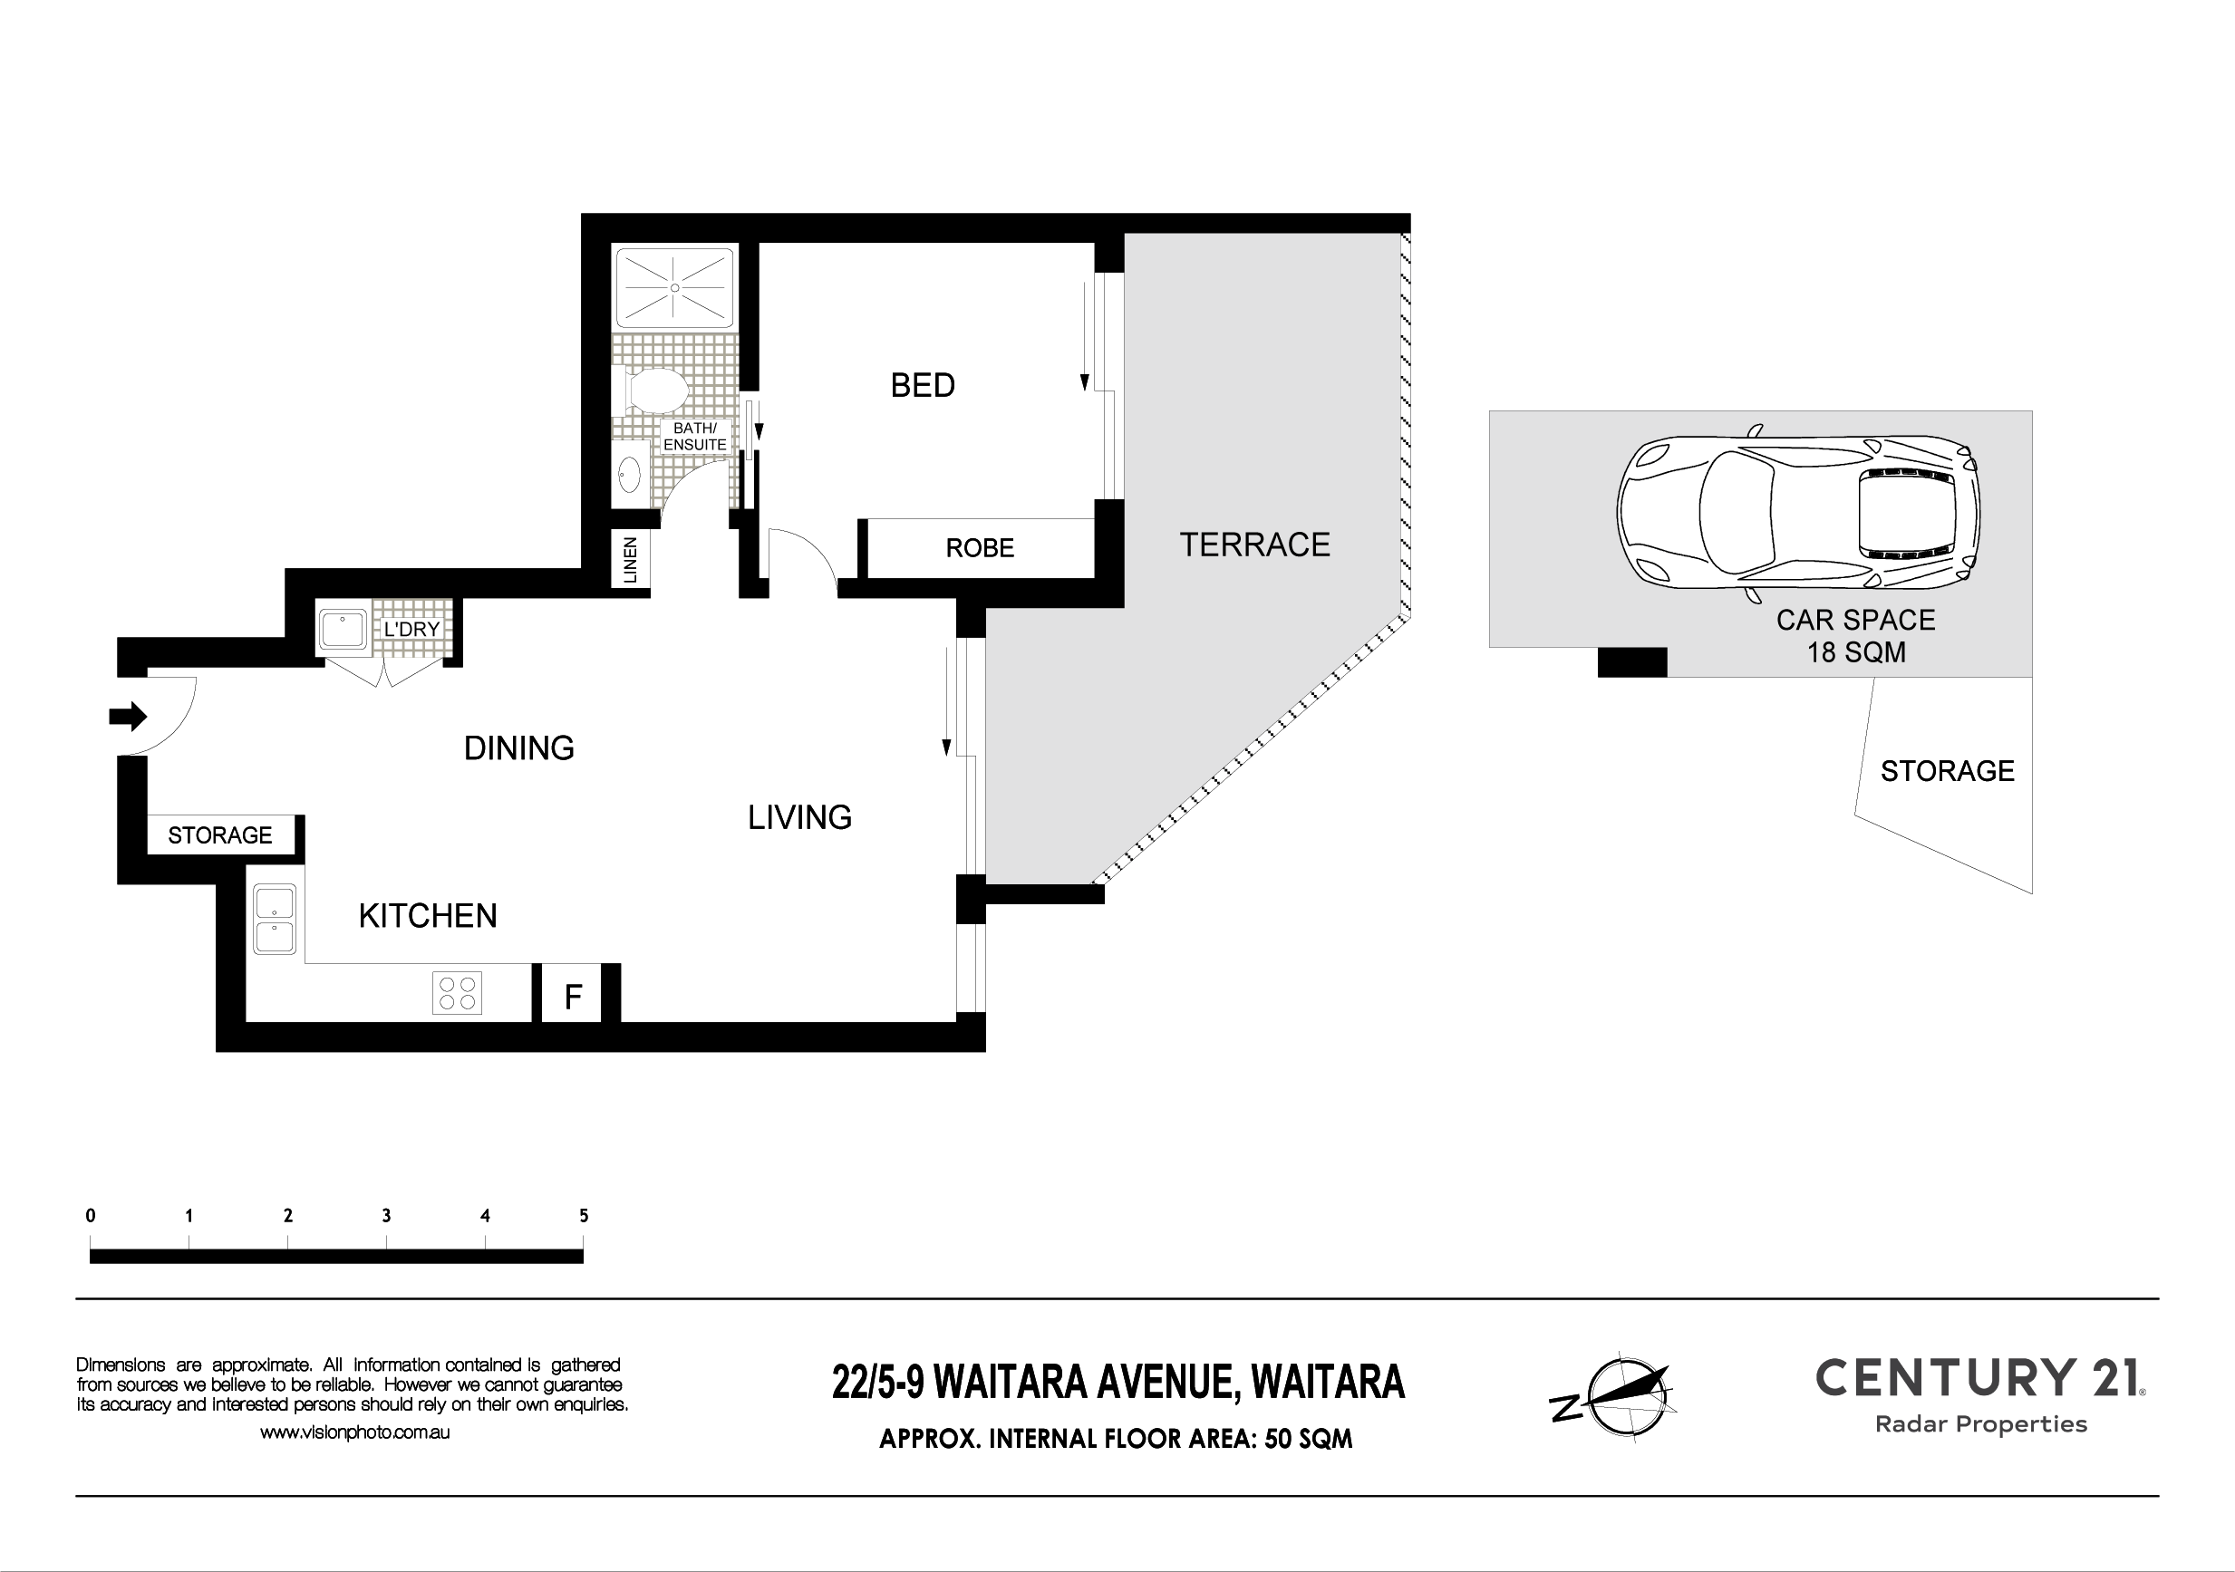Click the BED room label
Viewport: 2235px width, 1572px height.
click(x=923, y=385)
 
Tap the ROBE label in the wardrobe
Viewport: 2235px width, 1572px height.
click(x=979, y=548)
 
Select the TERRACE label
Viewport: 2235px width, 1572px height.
click(x=1254, y=545)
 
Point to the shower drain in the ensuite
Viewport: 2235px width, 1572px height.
click(x=674, y=287)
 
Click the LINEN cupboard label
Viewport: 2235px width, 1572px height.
click(x=630, y=560)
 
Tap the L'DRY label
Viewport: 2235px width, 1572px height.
click(x=411, y=629)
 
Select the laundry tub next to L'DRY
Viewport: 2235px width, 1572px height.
click(x=343, y=630)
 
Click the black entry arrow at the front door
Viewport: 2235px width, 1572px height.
click(x=128, y=718)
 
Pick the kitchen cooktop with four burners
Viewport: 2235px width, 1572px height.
click(x=457, y=994)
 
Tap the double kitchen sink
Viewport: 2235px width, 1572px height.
click(x=276, y=920)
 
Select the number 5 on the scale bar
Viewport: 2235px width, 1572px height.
click(x=584, y=1216)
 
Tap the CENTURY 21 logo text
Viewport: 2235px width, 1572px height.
click(x=1981, y=1377)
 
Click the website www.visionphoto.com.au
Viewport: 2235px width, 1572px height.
click(x=354, y=1432)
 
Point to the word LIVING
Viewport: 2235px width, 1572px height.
click(x=800, y=817)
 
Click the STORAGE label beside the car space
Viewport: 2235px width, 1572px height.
click(x=1947, y=771)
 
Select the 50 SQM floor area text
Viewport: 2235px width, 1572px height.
click(x=1309, y=1439)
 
